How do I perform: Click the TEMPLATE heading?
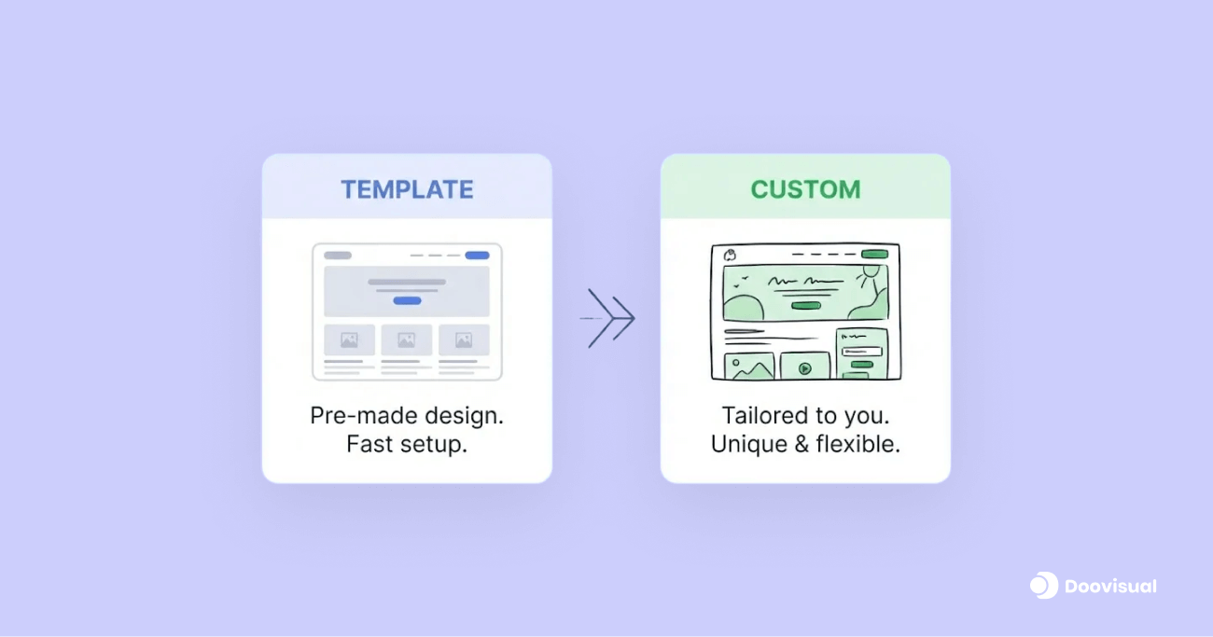tap(407, 189)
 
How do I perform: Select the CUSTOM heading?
tap(805, 189)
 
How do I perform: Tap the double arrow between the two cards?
tap(610, 319)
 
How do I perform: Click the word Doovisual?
tap(1111, 587)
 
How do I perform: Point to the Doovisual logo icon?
tap(1043, 585)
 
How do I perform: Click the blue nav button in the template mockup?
tap(477, 256)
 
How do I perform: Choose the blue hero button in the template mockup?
tap(407, 300)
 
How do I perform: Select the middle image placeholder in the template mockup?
tap(406, 340)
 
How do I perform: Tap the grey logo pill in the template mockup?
tap(338, 256)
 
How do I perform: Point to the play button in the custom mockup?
tap(804, 368)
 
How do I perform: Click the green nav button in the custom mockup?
tap(874, 254)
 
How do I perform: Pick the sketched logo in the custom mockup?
tap(731, 255)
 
